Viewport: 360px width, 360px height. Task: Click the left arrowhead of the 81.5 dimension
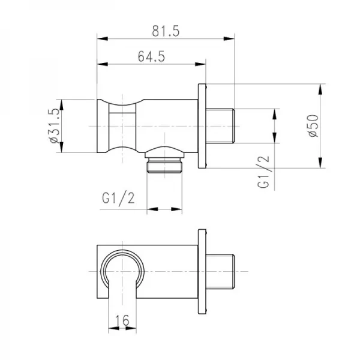(x=100, y=38)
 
